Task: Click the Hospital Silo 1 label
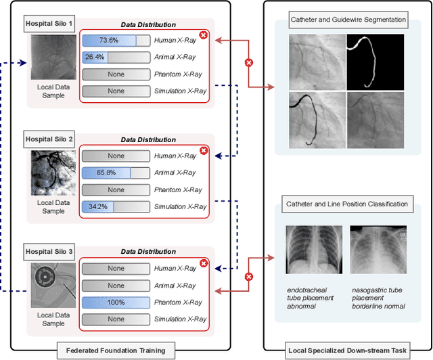(x=49, y=24)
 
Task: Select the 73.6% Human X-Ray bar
(x=116, y=40)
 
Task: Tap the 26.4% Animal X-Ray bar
(x=116, y=57)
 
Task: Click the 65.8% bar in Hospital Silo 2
(x=116, y=173)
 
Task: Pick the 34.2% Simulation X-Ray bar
(x=116, y=206)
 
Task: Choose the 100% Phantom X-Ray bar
(x=116, y=302)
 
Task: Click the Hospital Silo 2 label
(x=49, y=139)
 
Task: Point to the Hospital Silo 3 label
(x=49, y=253)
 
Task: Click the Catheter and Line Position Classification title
(x=347, y=204)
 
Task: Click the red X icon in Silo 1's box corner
(x=203, y=35)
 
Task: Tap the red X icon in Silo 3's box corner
(x=203, y=264)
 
